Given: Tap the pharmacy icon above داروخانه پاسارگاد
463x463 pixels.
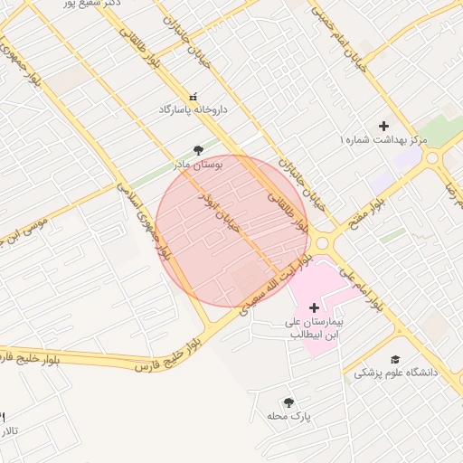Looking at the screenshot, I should click(x=192, y=96).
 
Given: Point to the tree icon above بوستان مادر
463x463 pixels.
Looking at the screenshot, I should click(x=199, y=150).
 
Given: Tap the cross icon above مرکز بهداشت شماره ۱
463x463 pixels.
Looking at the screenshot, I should click(x=383, y=126).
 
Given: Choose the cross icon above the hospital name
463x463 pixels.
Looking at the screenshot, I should click(x=314, y=308).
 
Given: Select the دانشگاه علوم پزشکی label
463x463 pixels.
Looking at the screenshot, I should click(x=394, y=373).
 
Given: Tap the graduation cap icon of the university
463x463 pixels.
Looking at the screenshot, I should click(x=394, y=359).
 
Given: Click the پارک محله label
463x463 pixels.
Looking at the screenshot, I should click(x=288, y=416).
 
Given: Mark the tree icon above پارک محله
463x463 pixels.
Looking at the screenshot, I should click(x=288, y=402).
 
